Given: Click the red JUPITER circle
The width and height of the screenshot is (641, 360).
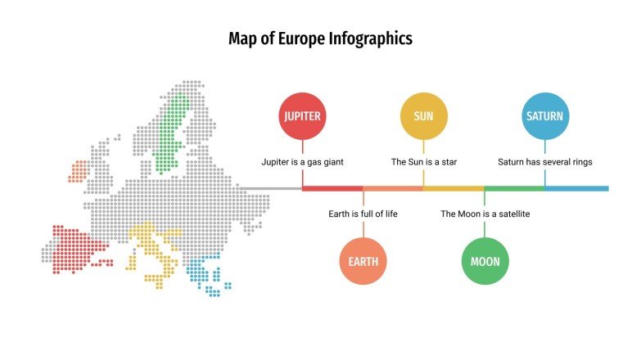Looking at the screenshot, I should click(x=302, y=116).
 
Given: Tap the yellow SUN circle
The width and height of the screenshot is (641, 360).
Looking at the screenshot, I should click(x=423, y=116).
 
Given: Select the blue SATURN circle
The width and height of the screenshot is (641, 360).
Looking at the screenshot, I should click(x=544, y=116).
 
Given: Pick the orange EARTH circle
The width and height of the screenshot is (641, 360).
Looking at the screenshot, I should click(x=363, y=262).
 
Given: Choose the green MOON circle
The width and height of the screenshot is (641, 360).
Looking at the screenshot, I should click(x=485, y=262).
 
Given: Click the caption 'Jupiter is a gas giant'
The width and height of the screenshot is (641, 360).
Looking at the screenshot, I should click(x=302, y=162).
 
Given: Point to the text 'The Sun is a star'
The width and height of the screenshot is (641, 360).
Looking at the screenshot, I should click(x=423, y=162).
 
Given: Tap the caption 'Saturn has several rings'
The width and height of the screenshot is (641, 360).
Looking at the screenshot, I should click(x=544, y=162).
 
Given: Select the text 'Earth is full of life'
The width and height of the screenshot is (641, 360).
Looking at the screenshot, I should click(x=363, y=214).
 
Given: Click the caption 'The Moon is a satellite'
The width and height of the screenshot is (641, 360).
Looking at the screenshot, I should click(x=485, y=214).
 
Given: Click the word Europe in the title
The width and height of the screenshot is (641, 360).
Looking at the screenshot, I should click(x=304, y=38).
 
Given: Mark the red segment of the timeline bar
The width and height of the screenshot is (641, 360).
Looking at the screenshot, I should click(x=332, y=188).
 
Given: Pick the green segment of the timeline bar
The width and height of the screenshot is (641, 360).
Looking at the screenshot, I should click(x=514, y=188).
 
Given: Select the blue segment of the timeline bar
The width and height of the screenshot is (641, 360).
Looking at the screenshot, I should click(x=576, y=188).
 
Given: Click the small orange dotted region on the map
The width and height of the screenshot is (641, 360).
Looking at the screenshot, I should click(x=79, y=171).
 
